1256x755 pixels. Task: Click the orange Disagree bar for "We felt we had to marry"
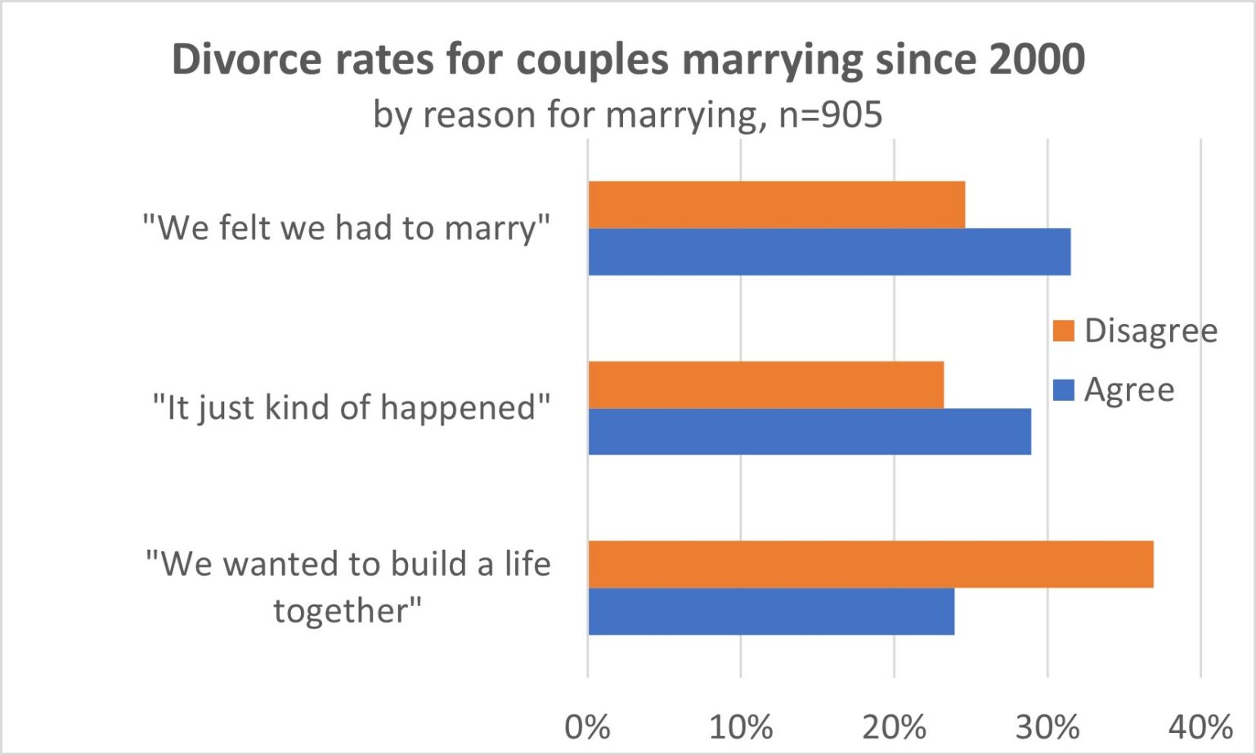coord(776,204)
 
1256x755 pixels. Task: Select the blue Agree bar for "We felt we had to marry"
coord(829,252)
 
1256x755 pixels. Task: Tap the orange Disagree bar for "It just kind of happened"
coord(765,384)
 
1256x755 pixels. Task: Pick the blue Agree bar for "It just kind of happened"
coord(810,431)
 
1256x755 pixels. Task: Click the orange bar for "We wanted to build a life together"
coord(870,564)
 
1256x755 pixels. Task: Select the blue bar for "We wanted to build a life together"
coord(771,611)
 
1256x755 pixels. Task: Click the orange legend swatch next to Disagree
coord(1063,331)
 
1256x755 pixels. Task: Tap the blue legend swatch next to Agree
coord(1063,390)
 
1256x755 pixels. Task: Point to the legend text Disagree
coord(1151,331)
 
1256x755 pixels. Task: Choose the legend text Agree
coord(1128,390)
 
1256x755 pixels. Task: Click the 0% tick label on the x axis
coord(587,726)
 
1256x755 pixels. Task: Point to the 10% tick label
coord(740,726)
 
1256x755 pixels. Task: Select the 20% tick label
coord(894,726)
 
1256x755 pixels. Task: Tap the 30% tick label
coord(1047,726)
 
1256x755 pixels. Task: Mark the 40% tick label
coord(1200,726)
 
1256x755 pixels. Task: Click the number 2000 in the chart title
coord(1036,60)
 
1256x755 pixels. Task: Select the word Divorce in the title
coord(246,60)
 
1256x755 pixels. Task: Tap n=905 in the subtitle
coord(830,115)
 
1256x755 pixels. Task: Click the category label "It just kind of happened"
coord(352,407)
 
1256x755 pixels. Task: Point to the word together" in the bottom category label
coord(348,611)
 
